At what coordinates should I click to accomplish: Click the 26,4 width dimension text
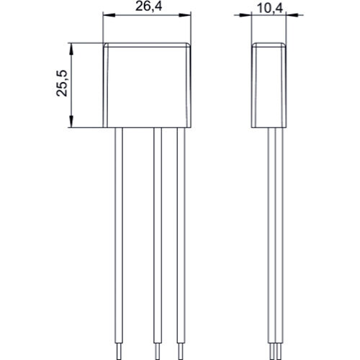point(148,8)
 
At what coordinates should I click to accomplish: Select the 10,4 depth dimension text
point(270,8)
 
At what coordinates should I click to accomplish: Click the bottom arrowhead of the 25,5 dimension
point(72,124)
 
